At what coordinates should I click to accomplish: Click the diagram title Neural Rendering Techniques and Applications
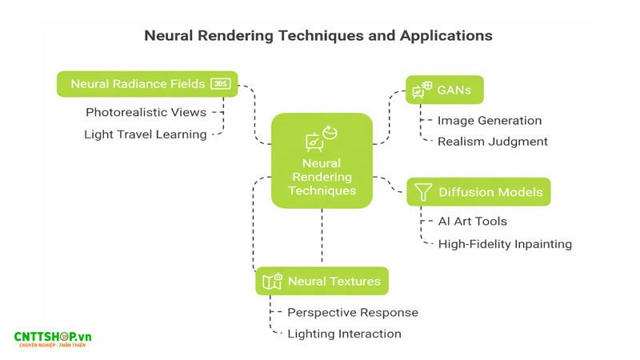tap(318, 36)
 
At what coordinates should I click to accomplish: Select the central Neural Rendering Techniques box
tap(322, 161)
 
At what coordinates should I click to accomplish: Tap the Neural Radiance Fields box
tap(147, 84)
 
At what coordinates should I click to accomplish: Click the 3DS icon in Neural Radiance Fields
tap(220, 84)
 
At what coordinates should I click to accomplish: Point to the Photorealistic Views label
tap(146, 113)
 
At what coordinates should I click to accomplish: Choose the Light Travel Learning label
tap(145, 134)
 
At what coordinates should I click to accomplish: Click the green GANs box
tap(444, 90)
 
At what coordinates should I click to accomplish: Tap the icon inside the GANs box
tap(422, 90)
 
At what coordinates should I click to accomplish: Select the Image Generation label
tap(489, 121)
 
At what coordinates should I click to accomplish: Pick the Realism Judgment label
tap(492, 142)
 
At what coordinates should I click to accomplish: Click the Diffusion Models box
tap(478, 192)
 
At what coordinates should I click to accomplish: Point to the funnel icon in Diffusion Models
tap(423, 192)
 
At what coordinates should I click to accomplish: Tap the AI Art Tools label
tap(472, 222)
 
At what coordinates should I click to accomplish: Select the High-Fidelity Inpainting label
tap(504, 244)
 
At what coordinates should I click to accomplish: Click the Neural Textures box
tap(322, 282)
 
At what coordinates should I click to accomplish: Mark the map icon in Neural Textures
tap(272, 282)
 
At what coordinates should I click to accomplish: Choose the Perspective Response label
tap(352, 313)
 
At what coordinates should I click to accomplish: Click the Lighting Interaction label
tap(344, 334)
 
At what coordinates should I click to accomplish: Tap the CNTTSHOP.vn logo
tap(53, 339)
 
